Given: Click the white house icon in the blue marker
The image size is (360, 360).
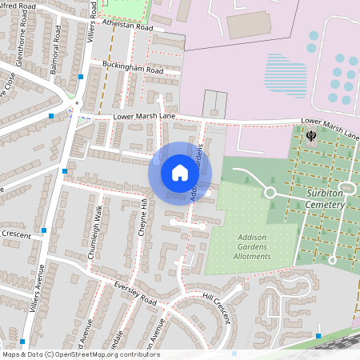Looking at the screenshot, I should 179,173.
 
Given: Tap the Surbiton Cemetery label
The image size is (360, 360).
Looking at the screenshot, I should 324,199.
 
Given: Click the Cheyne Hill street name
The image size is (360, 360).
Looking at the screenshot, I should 144,214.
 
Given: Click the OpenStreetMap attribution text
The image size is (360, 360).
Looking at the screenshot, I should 80,354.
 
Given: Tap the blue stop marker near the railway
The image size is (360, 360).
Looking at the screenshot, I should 318,336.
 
